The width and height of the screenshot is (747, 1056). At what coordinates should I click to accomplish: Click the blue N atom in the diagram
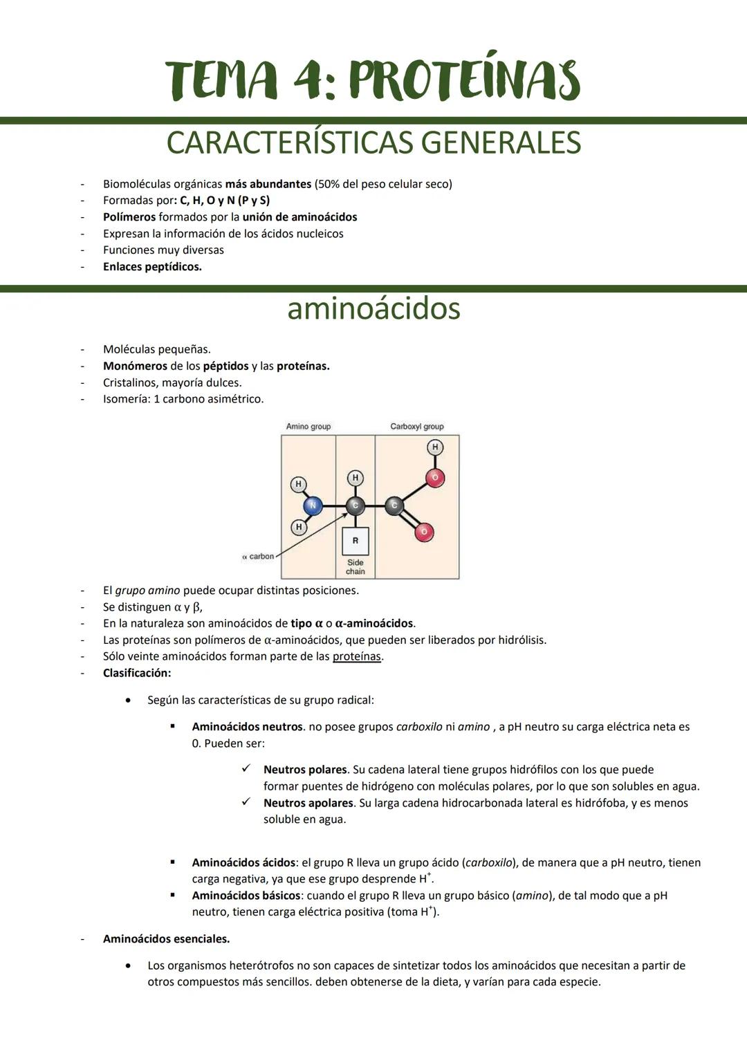[x=312, y=506]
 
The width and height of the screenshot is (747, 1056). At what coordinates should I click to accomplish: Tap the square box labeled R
[x=356, y=541]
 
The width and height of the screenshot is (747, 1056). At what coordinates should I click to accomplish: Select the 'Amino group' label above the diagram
[x=308, y=427]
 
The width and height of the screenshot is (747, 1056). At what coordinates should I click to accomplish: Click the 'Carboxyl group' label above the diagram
[x=416, y=427]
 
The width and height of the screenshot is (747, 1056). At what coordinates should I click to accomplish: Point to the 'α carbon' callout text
[x=258, y=557]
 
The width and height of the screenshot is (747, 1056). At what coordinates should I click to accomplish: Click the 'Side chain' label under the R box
[x=356, y=567]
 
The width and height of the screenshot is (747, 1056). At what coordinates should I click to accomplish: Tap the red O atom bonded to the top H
[x=435, y=477]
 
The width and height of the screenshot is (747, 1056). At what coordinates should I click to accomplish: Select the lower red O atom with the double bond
[x=424, y=531]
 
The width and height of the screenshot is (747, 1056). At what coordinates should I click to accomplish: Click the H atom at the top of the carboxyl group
[x=435, y=447]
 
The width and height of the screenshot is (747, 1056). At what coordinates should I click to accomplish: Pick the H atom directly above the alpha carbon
[x=355, y=478]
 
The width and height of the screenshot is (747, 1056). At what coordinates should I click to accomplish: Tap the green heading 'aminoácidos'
[x=373, y=308]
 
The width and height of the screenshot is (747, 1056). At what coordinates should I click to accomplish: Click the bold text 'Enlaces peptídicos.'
[x=152, y=267]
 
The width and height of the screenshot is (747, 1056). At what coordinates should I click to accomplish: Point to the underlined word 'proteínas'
[x=356, y=656]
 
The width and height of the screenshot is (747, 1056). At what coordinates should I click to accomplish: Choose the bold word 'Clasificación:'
[x=137, y=673]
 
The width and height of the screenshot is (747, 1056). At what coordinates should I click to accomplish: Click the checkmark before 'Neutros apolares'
[x=246, y=802]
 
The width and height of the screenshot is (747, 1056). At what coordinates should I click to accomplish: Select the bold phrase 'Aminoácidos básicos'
[x=246, y=896]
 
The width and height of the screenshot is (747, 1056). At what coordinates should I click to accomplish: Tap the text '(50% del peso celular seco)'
[x=383, y=184]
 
